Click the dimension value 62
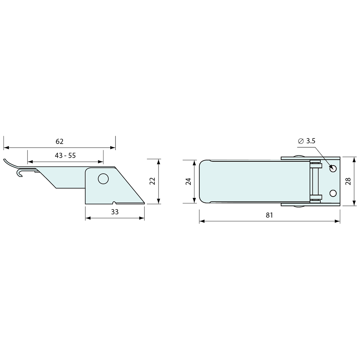pyautogui.click(x=60, y=141)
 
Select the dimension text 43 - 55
pyautogui.click(x=65, y=155)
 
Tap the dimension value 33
pyautogui.click(x=115, y=212)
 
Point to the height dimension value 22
pyautogui.click(x=153, y=181)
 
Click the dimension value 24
pyautogui.click(x=189, y=181)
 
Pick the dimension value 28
pyautogui.click(x=348, y=181)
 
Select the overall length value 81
pyautogui.click(x=269, y=215)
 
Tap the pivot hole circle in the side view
pyautogui.click(x=103, y=179)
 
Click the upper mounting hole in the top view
pyautogui.click(x=333, y=169)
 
